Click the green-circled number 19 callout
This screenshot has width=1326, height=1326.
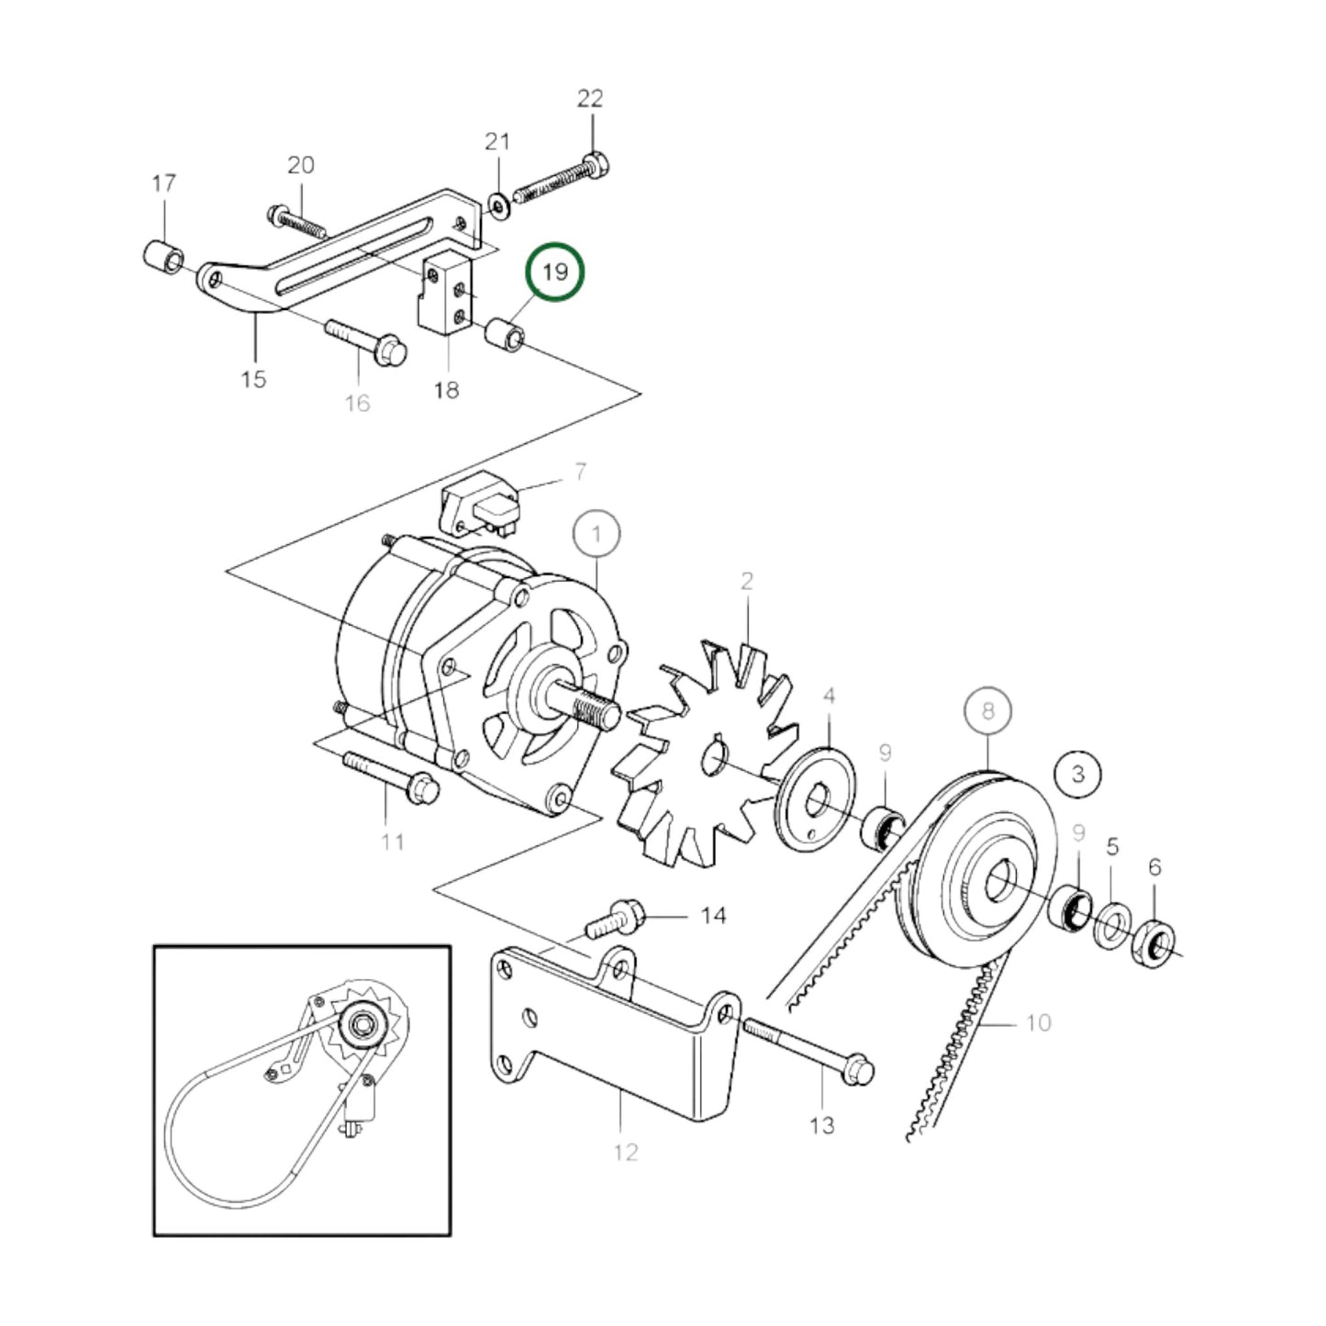(x=554, y=273)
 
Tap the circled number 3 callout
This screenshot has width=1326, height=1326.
(x=1077, y=773)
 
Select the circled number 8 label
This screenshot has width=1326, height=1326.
(x=987, y=711)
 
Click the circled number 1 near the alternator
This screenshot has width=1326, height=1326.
(x=596, y=534)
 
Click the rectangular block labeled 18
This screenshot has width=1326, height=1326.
(x=445, y=294)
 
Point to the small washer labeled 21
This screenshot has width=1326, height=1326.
(x=498, y=206)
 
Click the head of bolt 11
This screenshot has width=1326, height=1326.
(x=423, y=786)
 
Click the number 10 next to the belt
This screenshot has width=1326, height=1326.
(x=1038, y=1022)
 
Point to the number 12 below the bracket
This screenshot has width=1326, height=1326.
(x=625, y=1152)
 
